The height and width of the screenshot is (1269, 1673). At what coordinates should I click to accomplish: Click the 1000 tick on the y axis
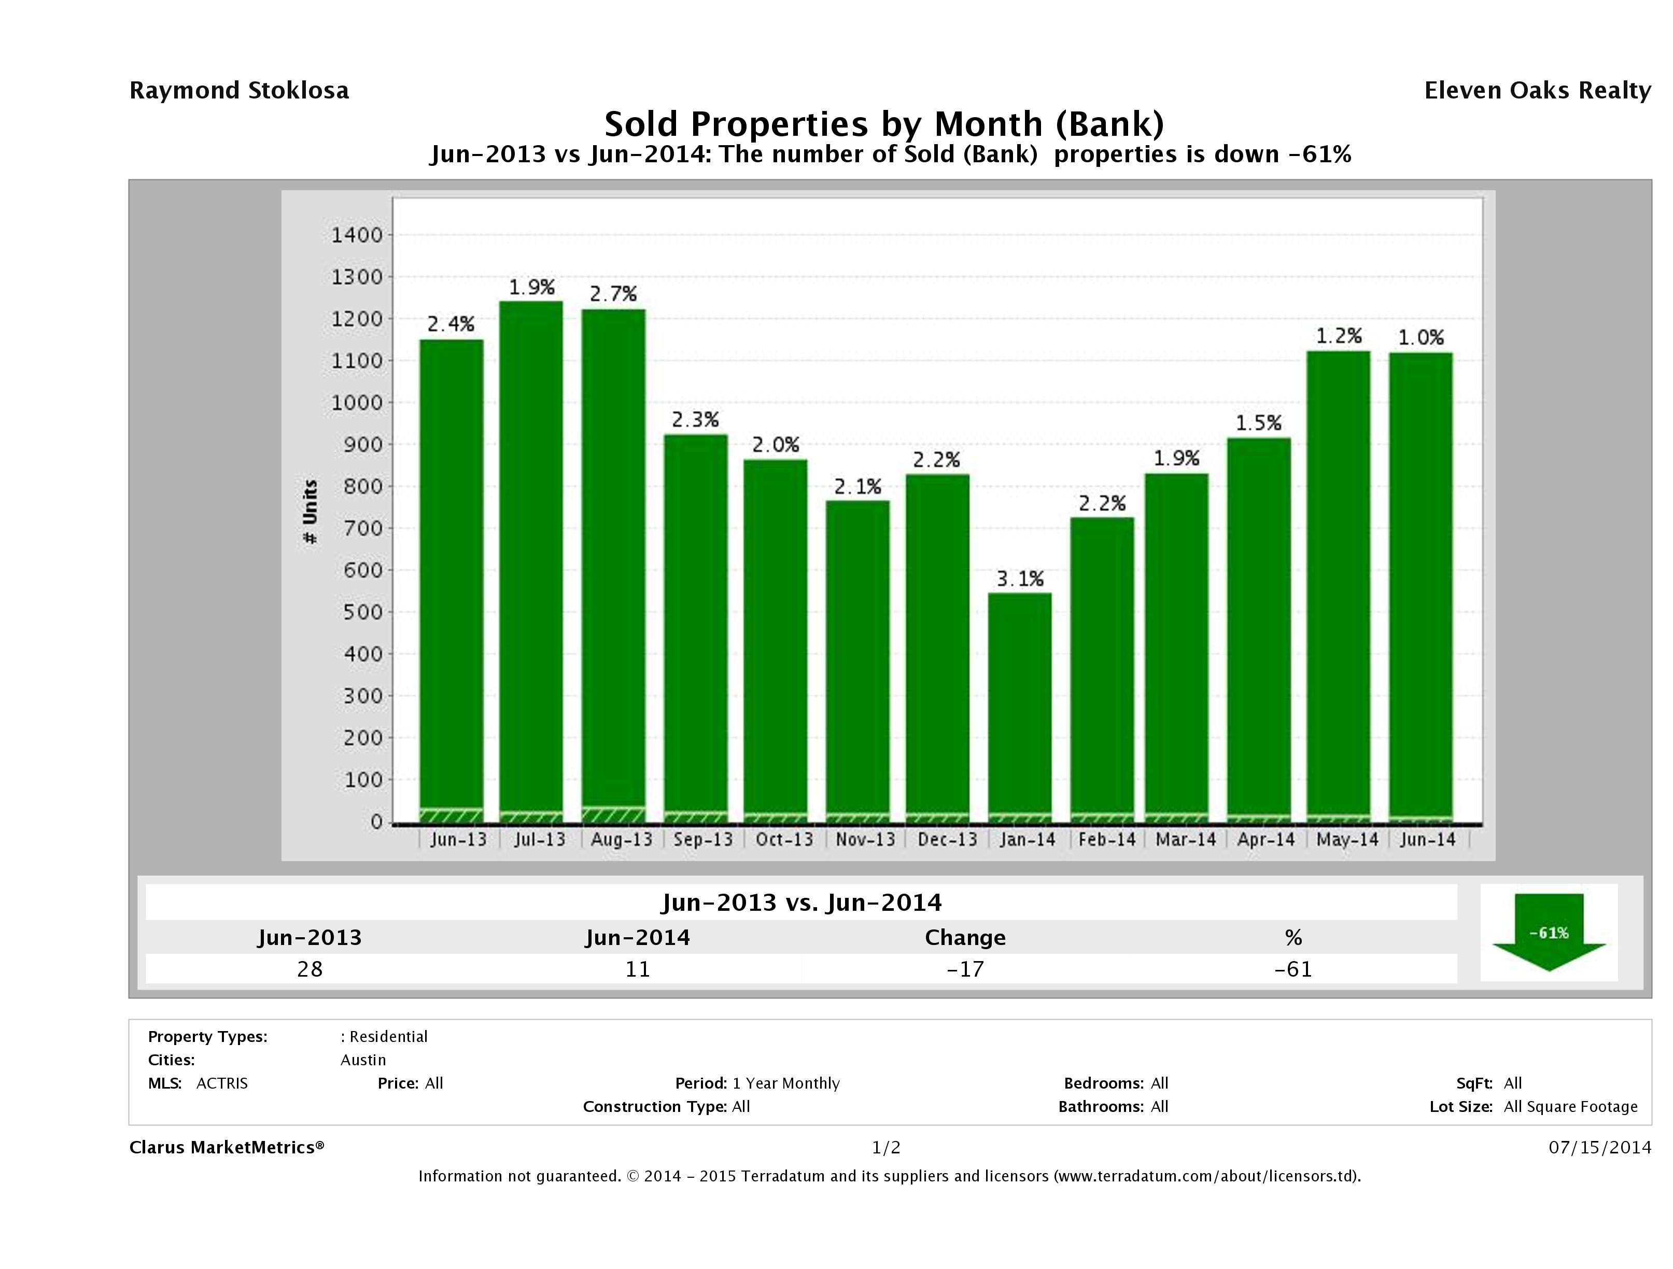pyautogui.click(x=357, y=402)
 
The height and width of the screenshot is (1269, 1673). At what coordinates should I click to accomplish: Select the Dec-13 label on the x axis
pyautogui.click(x=947, y=839)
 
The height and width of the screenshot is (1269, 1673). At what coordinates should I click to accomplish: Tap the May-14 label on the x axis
pyautogui.click(x=1347, y=839)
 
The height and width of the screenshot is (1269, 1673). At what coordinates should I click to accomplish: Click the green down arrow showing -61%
pyautogui.click(x=1548, y=932)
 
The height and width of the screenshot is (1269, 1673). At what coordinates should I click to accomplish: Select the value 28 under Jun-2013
pyautogui.click(x=310, y=969)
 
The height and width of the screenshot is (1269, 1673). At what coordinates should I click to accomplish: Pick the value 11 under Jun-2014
pyautogui.click(x=638, y=969)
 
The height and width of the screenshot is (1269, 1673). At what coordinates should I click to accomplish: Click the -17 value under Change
pyautogui.click(x=965, y=969)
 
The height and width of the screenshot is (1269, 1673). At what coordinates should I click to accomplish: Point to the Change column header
pyautogui.click(x=965, y=938)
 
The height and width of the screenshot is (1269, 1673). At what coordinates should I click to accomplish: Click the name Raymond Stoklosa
pyautogui.click(x=239, y=91)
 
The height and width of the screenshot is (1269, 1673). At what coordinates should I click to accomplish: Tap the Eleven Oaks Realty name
pyautogui.click(x=1537, y=91)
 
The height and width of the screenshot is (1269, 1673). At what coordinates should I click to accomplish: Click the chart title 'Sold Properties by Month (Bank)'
pyautogui.click(x=883, y=123)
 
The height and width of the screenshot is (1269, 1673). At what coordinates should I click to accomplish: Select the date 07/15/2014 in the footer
pyautogui.click(x=1599, y=1147)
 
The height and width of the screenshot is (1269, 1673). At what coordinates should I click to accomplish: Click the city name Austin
pyautogui.click(x=363, y=1060)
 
